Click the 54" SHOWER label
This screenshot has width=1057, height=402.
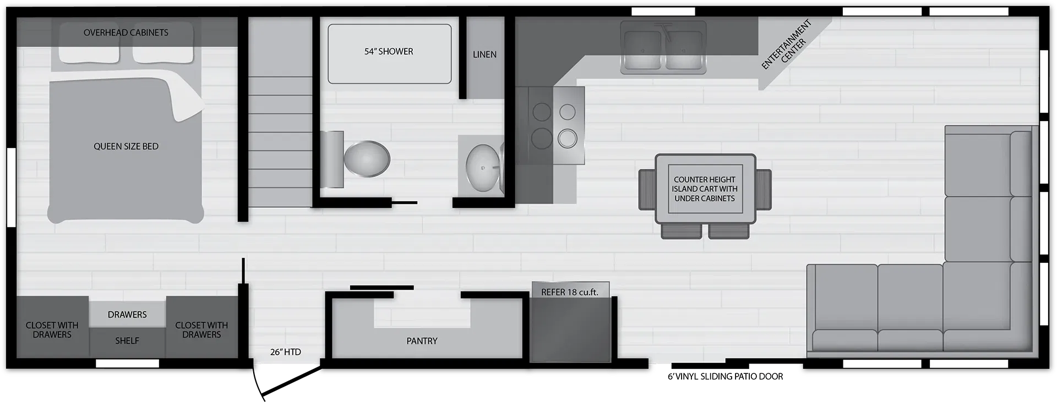click(388, 52)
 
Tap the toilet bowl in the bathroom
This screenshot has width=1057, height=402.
click(366, 159)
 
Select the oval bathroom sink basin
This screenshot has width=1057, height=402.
click(483, 167)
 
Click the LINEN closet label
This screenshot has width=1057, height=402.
click(484, 54)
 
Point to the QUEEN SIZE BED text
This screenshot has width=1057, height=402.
click(126, 146)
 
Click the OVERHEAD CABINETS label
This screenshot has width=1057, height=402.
click(126, 32)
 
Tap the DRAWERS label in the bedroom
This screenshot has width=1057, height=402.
click(127, 315)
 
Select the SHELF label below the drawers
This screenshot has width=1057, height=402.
click(127, 341)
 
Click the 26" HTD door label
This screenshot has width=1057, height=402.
click(285, 352)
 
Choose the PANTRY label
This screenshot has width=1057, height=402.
click(422, 341)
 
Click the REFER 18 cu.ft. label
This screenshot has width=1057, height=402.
click(569, 292)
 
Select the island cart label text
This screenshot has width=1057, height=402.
click(705, 189)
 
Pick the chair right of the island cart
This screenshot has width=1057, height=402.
click(764, 189)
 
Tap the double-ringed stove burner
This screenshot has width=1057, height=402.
click(567, 139)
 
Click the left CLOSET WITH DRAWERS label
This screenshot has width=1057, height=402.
click(52, 330)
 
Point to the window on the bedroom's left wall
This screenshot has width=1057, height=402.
click(11, 187)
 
